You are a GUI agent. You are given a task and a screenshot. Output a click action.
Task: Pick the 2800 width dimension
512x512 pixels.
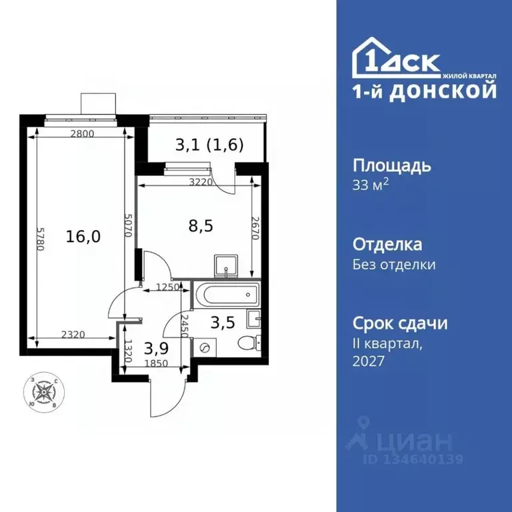(x=82, y=133)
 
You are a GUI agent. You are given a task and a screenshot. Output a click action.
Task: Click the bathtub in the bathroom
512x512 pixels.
(x=227, y=293)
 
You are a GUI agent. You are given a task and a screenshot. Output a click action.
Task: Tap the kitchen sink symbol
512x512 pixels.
(x=227, y=266)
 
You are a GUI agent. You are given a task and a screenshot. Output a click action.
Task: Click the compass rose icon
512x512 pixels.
(x=45, y=392)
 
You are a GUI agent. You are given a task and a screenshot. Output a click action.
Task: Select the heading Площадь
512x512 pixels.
(x=391, y=165)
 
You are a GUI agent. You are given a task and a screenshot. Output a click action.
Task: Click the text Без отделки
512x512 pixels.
(x=394, y=265)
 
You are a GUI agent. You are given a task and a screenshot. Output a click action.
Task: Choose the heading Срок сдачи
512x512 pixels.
(x=399, y=323)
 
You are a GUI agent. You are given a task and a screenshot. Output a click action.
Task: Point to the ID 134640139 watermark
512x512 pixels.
(x=413, y=459)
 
